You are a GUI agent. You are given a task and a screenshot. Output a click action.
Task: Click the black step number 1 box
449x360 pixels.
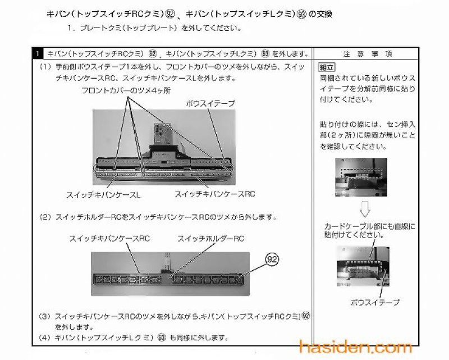coord(36,54)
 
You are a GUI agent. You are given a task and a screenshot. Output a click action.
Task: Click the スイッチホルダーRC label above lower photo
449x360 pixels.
coord(210,238)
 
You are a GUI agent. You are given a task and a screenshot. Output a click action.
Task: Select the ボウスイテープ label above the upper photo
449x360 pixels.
coord(210,103)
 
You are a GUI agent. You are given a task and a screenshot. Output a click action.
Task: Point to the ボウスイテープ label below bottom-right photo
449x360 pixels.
coord(375,302)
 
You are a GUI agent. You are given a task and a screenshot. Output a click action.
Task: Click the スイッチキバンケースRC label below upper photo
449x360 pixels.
coord(215,194)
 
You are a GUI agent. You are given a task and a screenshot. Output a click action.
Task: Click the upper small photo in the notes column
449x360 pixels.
coord(361,176)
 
